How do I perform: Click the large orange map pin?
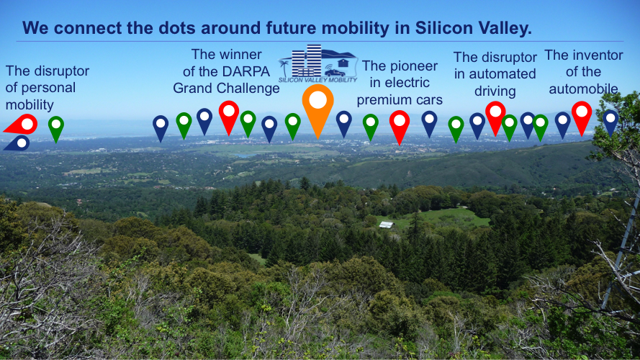(318, 107)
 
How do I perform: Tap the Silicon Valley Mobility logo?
(318, 63)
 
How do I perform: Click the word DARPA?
(249, 72)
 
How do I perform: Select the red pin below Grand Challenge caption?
(229, 116)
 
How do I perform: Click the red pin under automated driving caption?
(495, 117)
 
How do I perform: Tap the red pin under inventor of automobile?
(582, 117)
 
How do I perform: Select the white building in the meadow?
(386, 225)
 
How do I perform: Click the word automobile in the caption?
(583, 89)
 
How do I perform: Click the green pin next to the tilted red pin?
(56, 129)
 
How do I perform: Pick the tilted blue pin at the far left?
(17, 144)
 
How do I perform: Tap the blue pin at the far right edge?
(610, 122)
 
